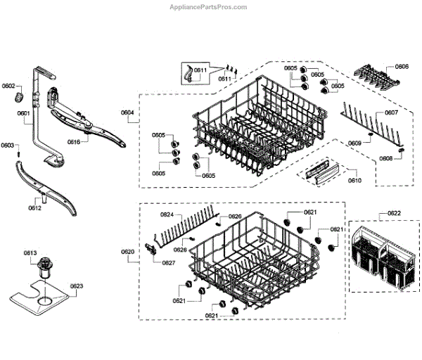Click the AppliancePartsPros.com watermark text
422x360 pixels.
[x=210, y=7]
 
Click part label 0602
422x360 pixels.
[x=8, y=86]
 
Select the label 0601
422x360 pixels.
[x=23, y=113]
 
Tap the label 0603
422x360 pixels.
[x=7, y=146]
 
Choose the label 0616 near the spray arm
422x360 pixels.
[x=74, y=141]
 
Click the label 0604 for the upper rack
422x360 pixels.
[x=127, y=112]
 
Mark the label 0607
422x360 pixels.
[x=391, y=112]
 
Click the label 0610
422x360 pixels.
[x=355, y=181]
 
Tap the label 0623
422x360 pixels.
[x=77, y=286]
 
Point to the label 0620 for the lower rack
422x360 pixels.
[x=127, y=251]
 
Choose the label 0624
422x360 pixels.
[x=167, y=214]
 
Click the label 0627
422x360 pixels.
[x=169, y=263]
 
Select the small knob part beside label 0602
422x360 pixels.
[x=21, y=95]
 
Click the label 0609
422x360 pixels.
[x=354, y=143]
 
